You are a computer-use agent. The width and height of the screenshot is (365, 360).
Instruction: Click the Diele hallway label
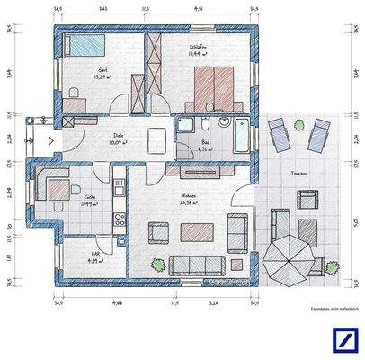tap(116, 136)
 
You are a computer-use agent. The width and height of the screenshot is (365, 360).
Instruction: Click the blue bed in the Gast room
tap(80, 45)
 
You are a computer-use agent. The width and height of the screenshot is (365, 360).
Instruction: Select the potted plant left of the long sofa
tap(158, 264)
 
